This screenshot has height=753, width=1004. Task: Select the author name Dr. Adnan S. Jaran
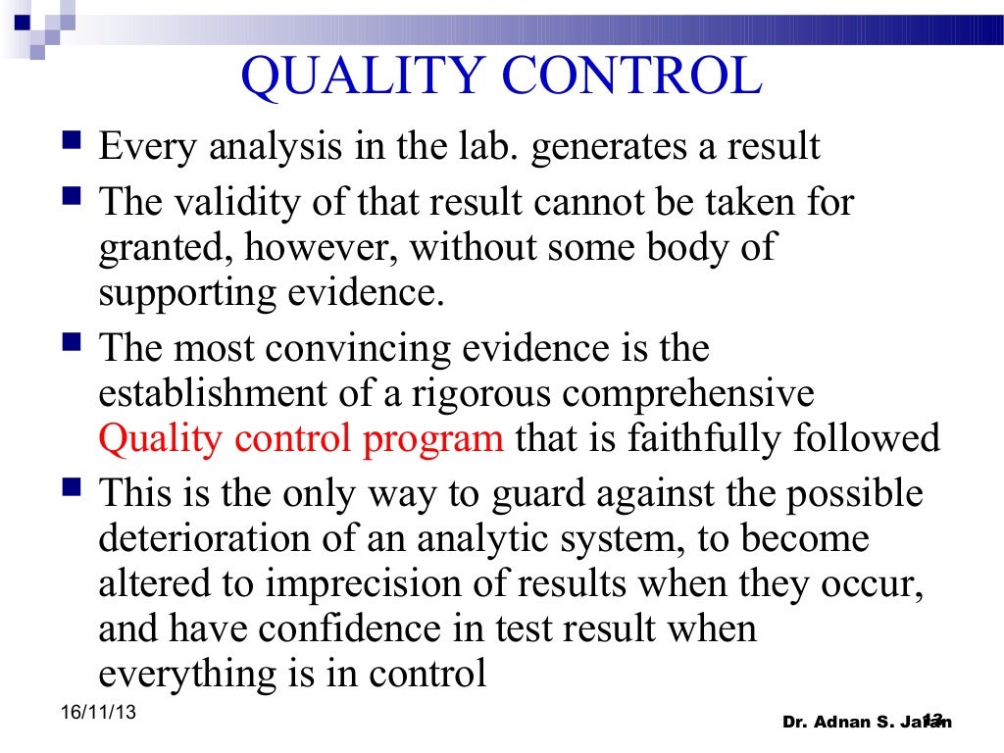point(866,723)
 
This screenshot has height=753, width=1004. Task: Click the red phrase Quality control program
point(301,438)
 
